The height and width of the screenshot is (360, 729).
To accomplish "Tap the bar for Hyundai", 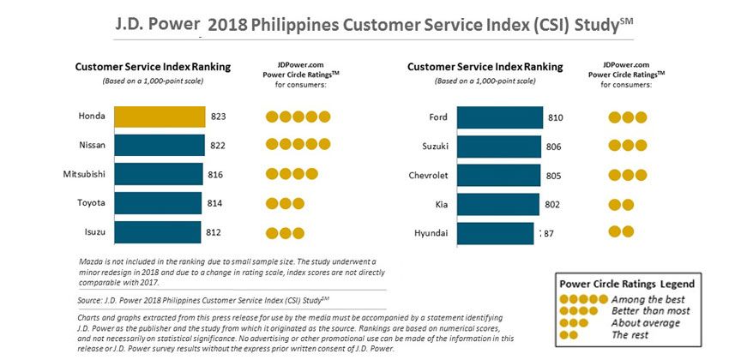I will point(495,232).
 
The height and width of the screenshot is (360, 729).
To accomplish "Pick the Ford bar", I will point(499,117).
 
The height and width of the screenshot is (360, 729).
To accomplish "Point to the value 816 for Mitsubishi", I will point(214,175).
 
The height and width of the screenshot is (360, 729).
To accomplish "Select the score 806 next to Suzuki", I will point(553,147).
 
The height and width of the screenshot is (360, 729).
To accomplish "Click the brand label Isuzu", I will point(91,232).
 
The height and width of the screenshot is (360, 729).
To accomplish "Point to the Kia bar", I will point(497,204).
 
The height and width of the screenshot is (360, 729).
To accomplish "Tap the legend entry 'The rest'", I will point(633,334).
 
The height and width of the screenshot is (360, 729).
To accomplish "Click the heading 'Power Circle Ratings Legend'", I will point(627,284).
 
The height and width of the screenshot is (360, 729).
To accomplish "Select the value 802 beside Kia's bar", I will point(553,204).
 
